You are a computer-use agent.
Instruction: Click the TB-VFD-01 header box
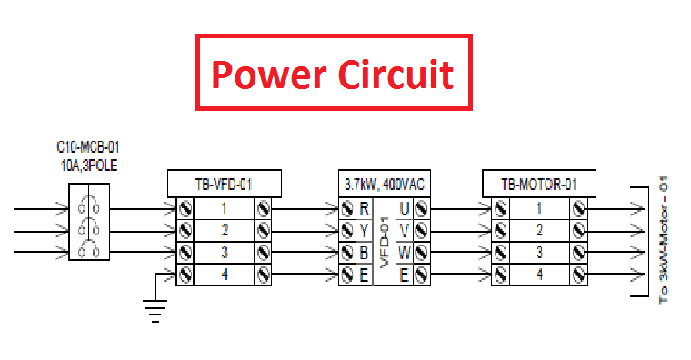tap(224, 185)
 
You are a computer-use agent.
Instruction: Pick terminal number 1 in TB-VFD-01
tap(224, 208)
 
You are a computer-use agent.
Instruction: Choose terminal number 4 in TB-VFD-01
tap(224, 273)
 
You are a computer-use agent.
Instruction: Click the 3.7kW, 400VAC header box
tap(383, 185)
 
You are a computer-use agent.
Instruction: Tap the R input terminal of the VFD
tap(364, 208)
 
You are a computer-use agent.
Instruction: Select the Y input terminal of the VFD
tap(364, 230)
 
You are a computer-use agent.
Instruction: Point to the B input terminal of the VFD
tap(364, 252)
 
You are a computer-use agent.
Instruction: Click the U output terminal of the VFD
tap(404, 208)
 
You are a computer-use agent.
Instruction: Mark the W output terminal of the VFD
tap(404, 252)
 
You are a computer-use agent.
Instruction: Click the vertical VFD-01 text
tap(384, 241)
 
